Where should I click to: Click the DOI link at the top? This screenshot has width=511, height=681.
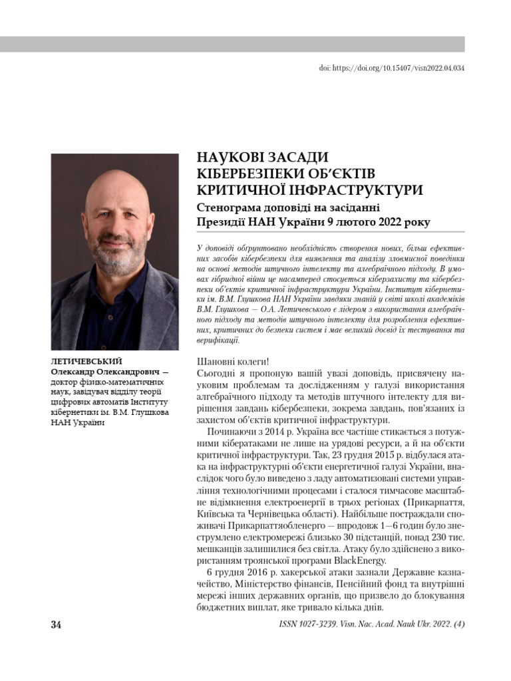(x=392, y=68)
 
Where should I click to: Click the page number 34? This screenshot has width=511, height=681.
(x=57, y=626)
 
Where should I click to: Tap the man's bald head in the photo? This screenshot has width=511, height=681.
(x=117, y=187)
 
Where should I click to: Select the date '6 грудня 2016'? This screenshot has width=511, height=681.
(x=232, y=573)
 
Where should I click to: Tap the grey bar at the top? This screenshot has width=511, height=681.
(x=232, y=45)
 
